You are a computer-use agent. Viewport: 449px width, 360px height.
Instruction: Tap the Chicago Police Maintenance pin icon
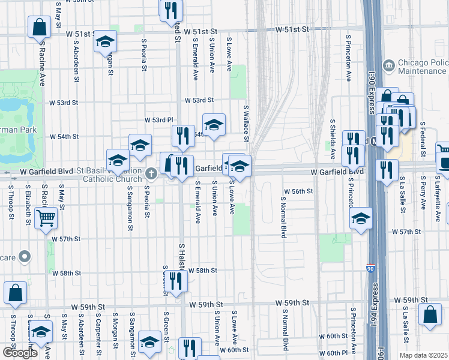(388, 64)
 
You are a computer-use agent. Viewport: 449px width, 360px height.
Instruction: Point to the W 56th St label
(300, 191)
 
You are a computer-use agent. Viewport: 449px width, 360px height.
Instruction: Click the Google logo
(20, 352)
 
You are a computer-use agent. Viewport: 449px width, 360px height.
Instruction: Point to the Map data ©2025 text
(423, 355)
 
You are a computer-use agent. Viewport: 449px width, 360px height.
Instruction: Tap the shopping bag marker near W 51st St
(39, 26)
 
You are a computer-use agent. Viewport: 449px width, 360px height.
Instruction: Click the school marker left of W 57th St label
(361, 218)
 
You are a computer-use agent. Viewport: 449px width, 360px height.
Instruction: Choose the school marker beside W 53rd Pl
(214, 124)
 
